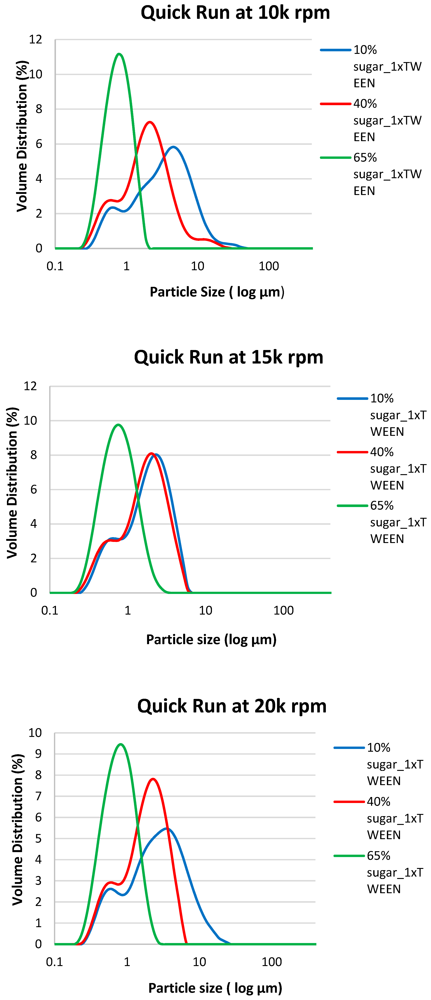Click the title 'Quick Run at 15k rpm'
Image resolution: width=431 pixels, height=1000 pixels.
(229, 357)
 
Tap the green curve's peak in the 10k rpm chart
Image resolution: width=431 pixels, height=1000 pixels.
(119, 54)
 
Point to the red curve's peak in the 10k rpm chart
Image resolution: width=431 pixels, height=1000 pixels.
(150, 122)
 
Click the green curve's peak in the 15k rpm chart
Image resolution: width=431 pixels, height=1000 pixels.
(118, 425)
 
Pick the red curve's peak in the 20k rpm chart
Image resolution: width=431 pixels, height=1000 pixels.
(153, 779)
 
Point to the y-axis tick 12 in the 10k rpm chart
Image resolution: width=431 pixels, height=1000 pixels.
(36, 40)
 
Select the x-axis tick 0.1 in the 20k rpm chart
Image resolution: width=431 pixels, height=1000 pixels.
(54, 962)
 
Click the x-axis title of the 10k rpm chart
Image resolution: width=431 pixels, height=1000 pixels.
(217, 292)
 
